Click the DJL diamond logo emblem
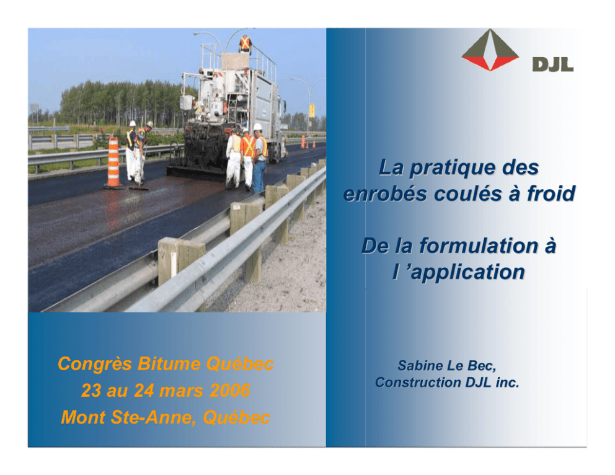coord(490,50)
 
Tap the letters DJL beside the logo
coord(552,64)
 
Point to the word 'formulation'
coord(479,246)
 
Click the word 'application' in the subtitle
coord(467,273)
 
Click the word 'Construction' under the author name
coord(418,383)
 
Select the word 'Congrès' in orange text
coord(95,365)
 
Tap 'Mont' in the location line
coord(84,417)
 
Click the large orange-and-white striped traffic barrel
coord(113,162)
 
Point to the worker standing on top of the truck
coord(245,44)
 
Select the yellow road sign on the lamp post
coord(312,110)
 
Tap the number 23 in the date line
coord(91,391)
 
